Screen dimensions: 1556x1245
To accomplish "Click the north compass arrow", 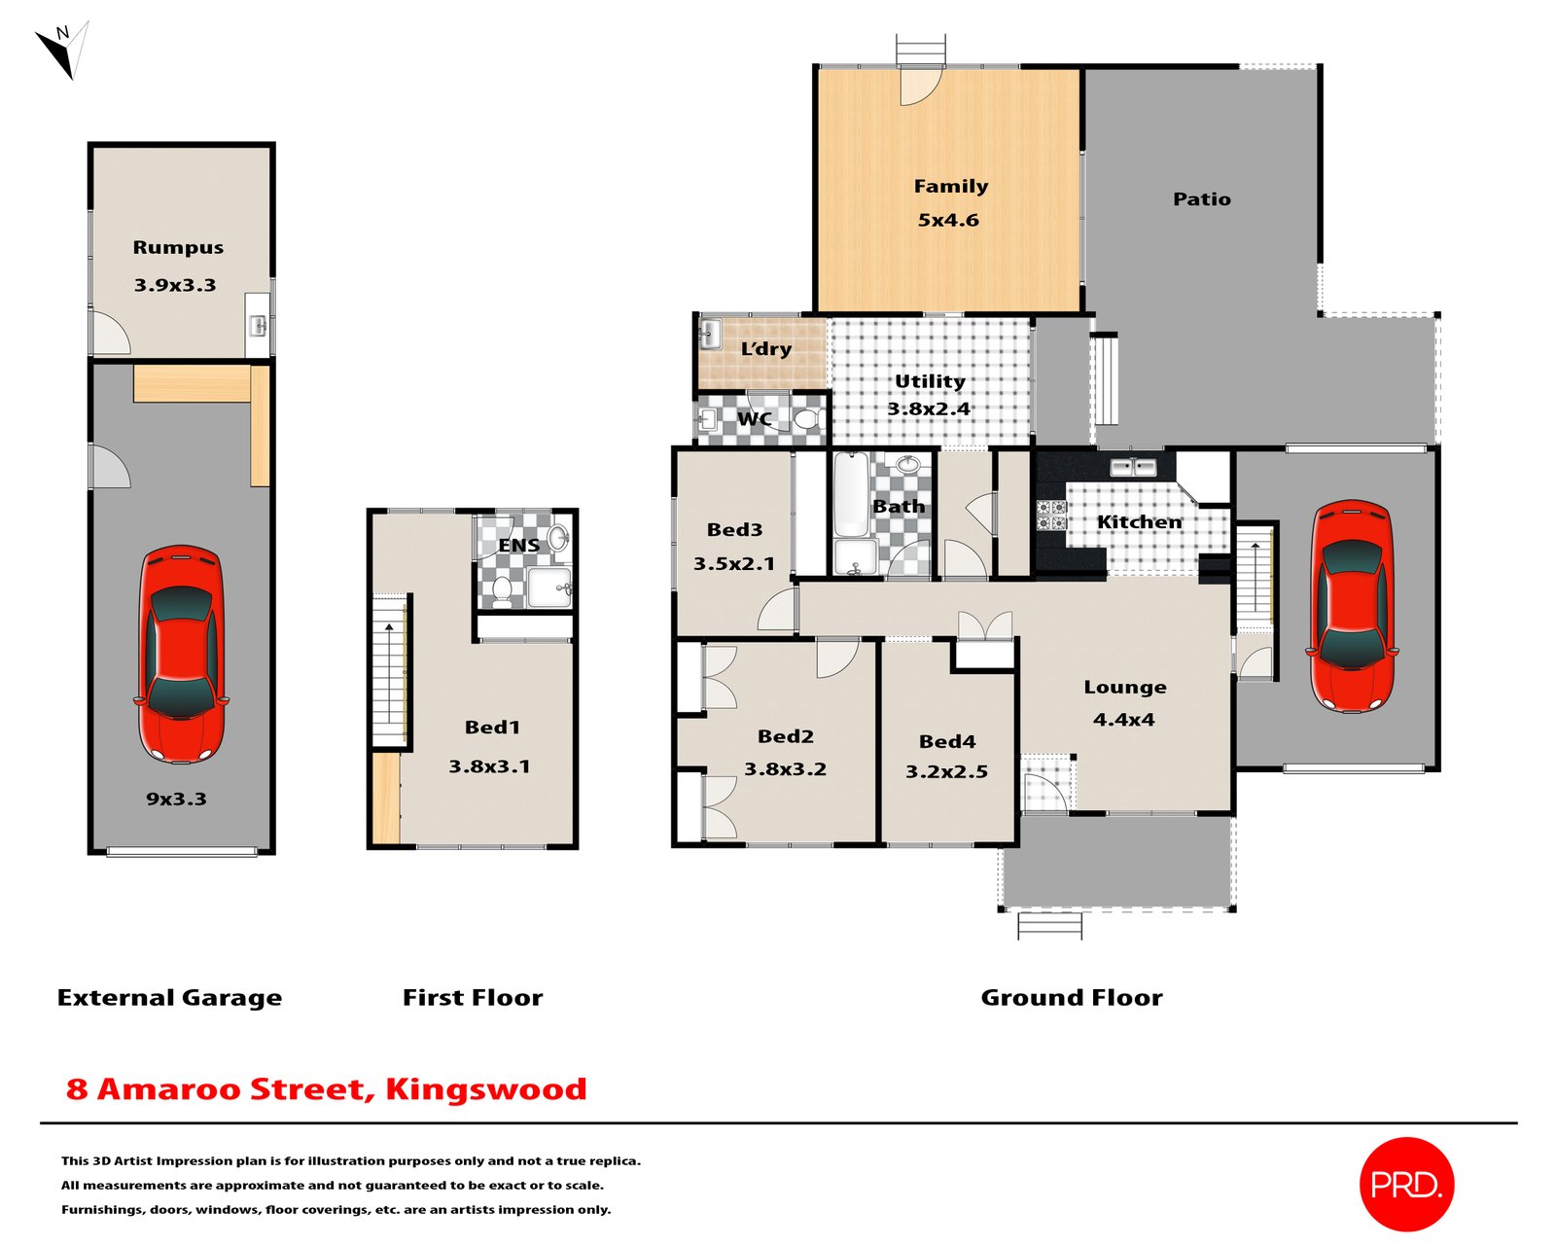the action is pos(63,50).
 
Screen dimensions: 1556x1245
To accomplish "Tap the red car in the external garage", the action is pos(181,655).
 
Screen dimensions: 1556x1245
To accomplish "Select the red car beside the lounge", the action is pos(1352,606).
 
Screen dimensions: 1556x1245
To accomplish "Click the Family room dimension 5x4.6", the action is pos(948,220).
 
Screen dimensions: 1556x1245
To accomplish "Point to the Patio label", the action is pos(1202,199).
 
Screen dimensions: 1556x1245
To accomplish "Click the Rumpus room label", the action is pos(178,247).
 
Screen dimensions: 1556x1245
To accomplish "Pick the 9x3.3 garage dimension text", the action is pos(176,799).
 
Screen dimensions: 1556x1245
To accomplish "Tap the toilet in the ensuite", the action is pos(501,591).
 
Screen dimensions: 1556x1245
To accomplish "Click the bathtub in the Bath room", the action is pos(851,495).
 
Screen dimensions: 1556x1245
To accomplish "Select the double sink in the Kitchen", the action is pos(1133,467).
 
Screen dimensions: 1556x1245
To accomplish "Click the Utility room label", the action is pos(930,381).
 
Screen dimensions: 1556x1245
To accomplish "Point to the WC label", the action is pos(754,418).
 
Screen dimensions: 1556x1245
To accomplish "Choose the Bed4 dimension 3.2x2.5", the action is pos(946,772).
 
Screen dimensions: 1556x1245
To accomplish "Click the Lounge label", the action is pos(1125,688).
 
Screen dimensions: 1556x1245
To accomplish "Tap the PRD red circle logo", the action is pos(1406,1185).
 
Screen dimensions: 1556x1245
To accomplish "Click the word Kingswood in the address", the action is pos(486,1089).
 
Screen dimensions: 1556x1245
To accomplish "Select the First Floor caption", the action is pos(473,998).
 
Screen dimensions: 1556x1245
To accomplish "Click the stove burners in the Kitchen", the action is pos(1051,515).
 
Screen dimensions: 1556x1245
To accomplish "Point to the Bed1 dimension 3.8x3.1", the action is pos(489,766).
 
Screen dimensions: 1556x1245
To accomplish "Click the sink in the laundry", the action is pos(710,335).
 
